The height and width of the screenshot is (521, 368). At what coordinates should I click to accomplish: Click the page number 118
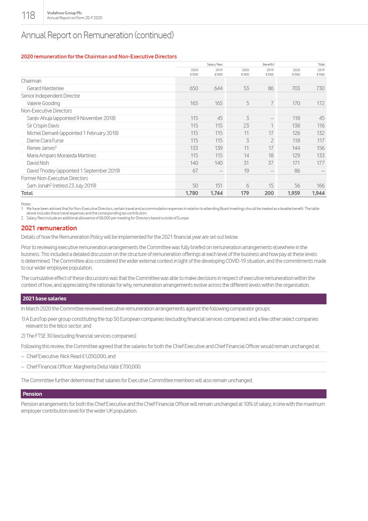[28, 15]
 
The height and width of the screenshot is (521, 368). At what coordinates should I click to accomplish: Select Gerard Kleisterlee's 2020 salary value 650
[194, 88]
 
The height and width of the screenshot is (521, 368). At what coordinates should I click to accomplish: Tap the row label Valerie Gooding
[43, 103]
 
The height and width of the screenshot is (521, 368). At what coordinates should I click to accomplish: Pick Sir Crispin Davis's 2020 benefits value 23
[246, 126]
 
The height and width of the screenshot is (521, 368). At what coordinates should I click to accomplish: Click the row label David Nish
[38, 163]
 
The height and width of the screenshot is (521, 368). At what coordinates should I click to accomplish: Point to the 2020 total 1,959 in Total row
[294, 193]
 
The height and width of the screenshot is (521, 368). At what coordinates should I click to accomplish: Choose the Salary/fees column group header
[215, 65]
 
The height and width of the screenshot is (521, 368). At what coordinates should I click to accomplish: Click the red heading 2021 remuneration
[49, 228]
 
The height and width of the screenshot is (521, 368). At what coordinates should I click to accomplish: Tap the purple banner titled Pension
[32, 394]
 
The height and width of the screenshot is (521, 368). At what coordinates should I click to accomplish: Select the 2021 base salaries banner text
[44, 298]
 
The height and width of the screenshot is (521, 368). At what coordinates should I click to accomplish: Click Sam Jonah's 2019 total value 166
[321, 186]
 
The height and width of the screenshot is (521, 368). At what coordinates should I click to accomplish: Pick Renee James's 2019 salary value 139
[219, 148]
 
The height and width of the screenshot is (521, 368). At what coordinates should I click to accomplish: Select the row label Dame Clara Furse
[45, 140]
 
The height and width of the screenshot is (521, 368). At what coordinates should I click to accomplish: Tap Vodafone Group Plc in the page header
[65, 13]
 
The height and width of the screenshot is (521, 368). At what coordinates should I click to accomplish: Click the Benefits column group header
[268, 65]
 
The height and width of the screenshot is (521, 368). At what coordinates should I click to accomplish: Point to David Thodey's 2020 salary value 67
[195, 171]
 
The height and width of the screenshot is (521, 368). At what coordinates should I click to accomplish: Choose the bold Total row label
[27, 193]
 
